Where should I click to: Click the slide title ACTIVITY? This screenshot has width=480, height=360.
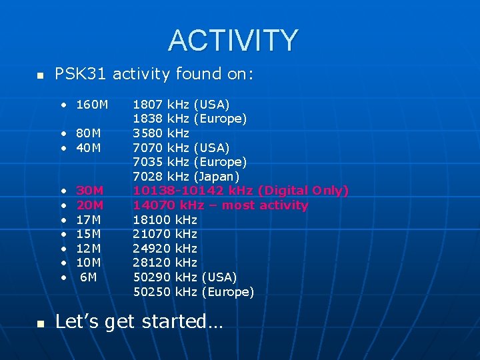click(x=233, y=41)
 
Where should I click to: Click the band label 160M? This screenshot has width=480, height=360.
click(x=92, y=105)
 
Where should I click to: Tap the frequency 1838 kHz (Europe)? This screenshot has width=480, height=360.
click(x=190, y=119)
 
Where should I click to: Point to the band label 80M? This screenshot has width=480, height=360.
click(x=89, y=133)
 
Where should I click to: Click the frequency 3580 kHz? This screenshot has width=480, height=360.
click(x=161, y=133)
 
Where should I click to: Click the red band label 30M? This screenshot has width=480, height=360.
click(x=89, y=191)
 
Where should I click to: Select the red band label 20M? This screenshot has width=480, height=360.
click(x=89, y=205)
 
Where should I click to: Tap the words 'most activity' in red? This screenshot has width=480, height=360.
click(x=265, y=205)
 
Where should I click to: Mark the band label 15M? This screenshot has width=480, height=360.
click(x=89, y=234)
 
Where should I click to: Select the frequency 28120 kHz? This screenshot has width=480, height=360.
click(x=165, y=263)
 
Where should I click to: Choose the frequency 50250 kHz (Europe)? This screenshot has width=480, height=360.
click(x=193, y=292)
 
